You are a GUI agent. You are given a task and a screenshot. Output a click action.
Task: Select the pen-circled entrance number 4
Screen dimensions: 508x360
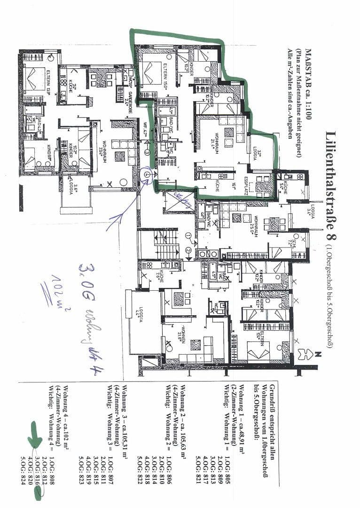tap(148, 174)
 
